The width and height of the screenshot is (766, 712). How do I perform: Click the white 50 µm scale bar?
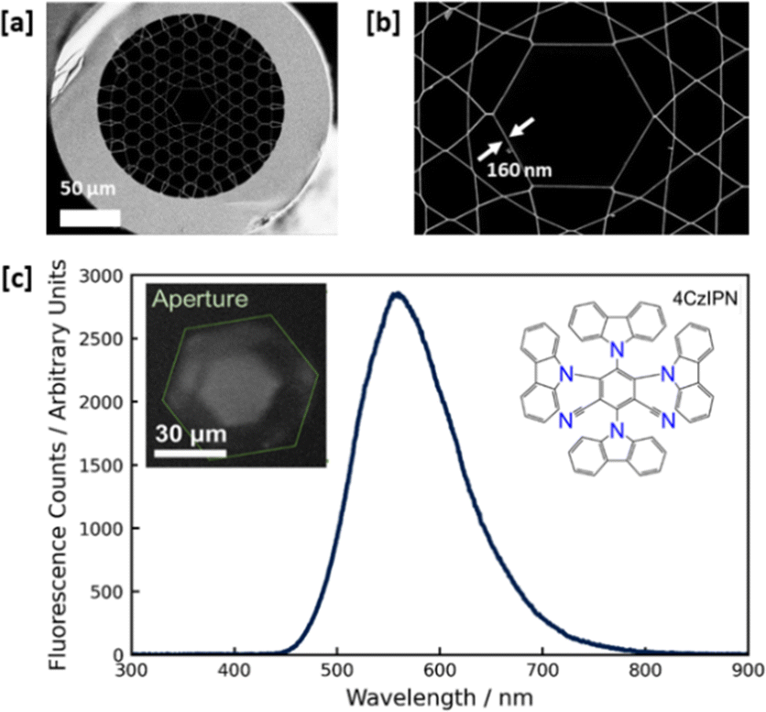click(x=90, y=218)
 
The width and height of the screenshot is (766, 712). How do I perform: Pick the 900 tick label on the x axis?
click(x=750, y=674)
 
